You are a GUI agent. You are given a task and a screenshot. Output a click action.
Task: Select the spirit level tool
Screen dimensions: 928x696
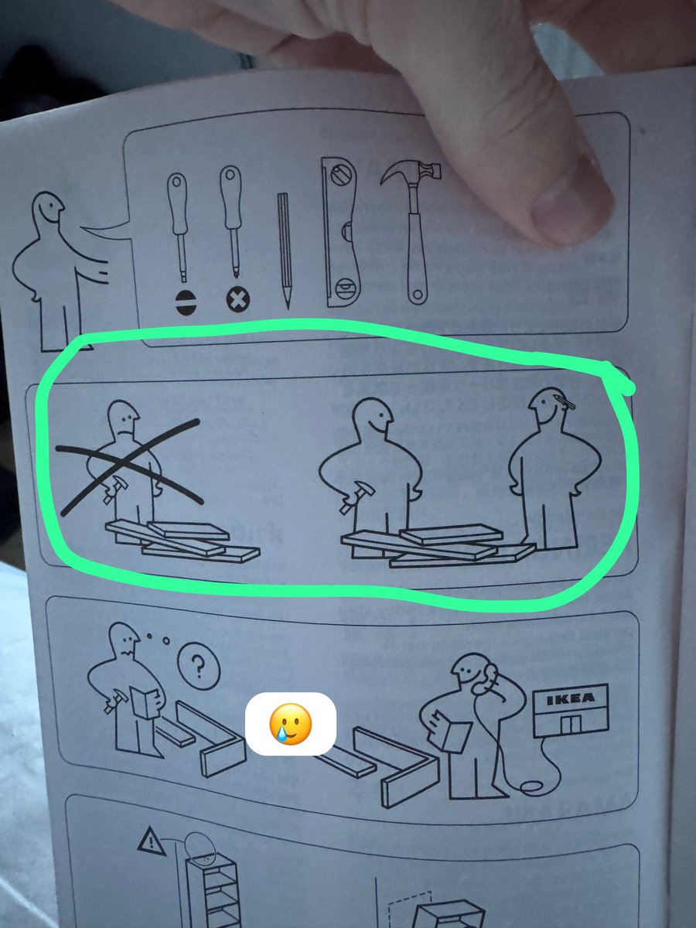click(x=340, y=232)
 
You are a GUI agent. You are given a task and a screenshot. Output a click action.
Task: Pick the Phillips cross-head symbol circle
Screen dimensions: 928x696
click(x=234, y=299)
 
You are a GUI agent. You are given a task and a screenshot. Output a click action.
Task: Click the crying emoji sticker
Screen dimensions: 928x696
click(x=290, y=723)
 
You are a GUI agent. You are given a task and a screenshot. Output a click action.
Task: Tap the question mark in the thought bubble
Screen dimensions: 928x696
click(x=197, y=666)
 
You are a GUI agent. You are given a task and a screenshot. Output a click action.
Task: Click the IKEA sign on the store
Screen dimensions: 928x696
click(x=572, y=699)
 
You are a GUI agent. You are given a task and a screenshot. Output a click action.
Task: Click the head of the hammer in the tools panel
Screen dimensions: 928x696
click(x=410, y=174)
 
